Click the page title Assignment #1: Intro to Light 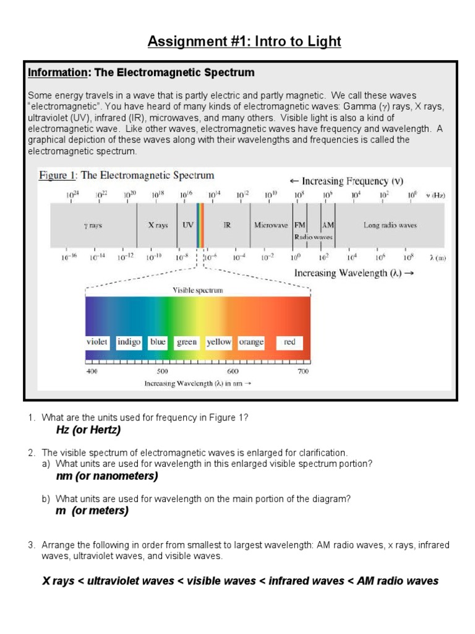tap(244, 41)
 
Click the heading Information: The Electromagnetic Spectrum tap(141, 72)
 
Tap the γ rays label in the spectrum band tap(93, 225)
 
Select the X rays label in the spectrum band tap(158, 225)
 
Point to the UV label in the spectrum tap(188, 225)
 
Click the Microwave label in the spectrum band tap(271, 225)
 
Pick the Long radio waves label tap(390, 225)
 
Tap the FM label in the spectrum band tap(300, 225)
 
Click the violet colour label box tap(97, 342)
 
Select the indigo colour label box tap(129, 342)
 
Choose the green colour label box tap(187, 342)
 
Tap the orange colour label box tap(251, 342)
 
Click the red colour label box tap(289, 342)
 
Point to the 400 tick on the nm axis tap(92, 371)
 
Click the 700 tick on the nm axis tap(303, 371)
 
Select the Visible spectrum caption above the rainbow tap(198, 290)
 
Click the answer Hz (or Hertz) tap(88, 430)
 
